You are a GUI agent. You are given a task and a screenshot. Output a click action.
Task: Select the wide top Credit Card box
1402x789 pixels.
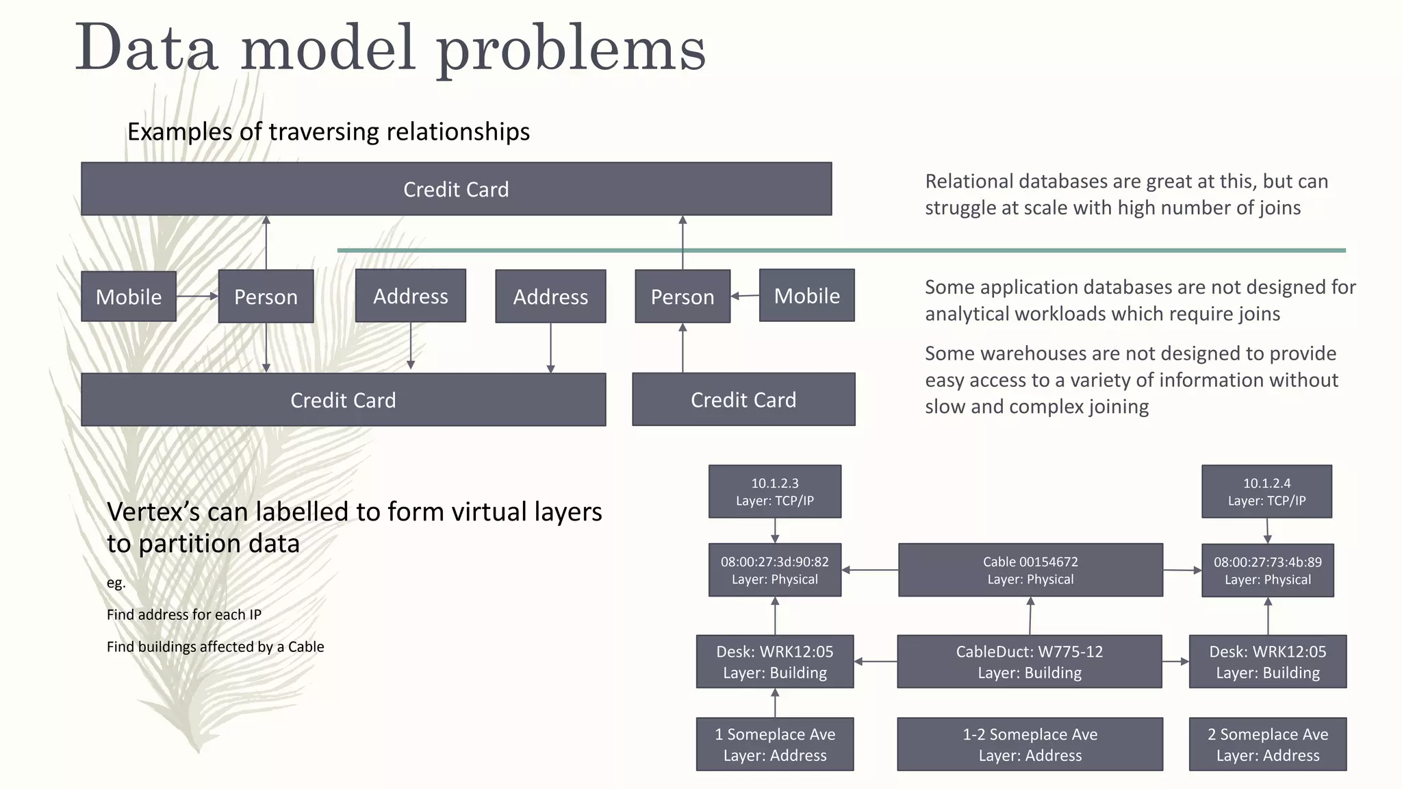click(456, 189)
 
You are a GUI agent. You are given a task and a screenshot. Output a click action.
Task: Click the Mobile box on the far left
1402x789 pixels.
click(129, 297)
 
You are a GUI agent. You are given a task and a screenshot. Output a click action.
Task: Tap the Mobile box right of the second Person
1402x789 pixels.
click(806, 295)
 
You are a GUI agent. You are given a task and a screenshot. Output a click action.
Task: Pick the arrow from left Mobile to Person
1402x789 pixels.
click(197, 297)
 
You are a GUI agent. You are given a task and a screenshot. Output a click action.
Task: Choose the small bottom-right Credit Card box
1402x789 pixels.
click(743, 399)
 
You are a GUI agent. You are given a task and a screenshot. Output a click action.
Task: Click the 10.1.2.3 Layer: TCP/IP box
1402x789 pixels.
click(775, 492)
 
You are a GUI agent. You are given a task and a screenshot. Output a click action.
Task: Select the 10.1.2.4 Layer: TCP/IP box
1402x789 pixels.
click(1266, 492)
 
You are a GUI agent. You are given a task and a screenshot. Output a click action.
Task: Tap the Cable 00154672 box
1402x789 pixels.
click(1030, 570)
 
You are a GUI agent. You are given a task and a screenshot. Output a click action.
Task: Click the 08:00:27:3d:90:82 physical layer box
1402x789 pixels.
click(775, 570)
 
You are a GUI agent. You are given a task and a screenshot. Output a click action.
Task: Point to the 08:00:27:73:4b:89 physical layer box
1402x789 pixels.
click(1267, 571)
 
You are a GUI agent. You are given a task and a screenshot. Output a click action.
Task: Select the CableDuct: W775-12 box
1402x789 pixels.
click(1029, 662)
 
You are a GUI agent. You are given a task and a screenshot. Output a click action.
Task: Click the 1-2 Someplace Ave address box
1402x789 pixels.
click(1030, 744)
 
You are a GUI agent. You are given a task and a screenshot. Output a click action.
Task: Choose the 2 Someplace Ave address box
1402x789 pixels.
click(1267, 744)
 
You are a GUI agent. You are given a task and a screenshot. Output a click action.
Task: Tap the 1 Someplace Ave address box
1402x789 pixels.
click(775, 744)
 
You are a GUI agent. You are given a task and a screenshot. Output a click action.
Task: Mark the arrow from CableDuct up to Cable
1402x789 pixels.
click(1030, 616)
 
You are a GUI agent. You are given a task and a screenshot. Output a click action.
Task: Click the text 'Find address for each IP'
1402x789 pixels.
click(184, 614)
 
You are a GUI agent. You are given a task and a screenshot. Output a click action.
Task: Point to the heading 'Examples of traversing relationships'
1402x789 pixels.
click(329, 131)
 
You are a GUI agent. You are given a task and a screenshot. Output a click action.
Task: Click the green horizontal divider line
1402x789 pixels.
click(841, 251)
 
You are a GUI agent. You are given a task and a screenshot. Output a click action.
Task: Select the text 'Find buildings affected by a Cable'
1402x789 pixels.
click(215, 647)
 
